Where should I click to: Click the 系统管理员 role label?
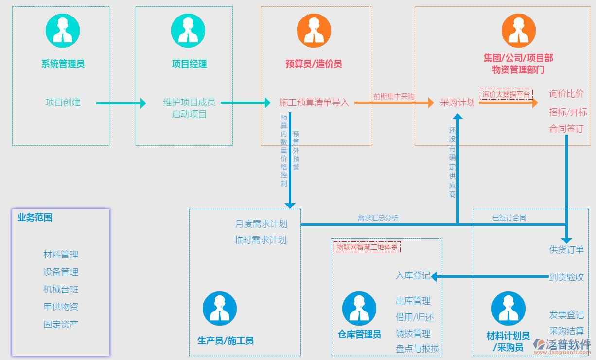(63, 64)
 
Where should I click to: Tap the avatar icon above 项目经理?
(188, 31)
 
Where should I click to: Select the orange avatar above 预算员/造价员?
(314, 31)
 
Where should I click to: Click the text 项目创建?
(63, 103)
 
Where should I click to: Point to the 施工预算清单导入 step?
(314, 103)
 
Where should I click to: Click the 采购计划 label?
(457, 103)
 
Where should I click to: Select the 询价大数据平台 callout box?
(506, 94)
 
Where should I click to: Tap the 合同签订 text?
(566, 129)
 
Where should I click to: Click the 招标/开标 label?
(568, 112)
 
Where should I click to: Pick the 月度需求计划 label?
(261, 224)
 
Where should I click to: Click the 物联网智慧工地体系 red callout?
(368, 247)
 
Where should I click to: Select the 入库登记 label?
(413, 276)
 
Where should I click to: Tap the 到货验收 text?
(566, 277)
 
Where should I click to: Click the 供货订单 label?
(566, 250)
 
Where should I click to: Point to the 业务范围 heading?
(35, 218)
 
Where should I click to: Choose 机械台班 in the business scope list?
(61, 290)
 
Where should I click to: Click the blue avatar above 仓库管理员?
(359, 309)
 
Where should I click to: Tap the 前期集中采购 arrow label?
(394, 96)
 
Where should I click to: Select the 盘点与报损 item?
(417, 349)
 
